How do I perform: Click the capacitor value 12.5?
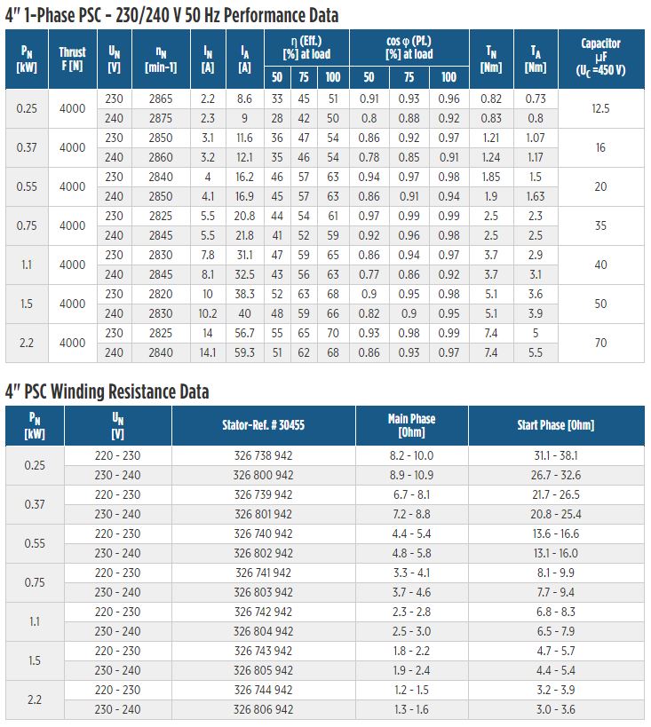click(x=600, y=108)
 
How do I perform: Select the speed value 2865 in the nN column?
click(x=161, y=99)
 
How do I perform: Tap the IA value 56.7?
click(x=244, y=334)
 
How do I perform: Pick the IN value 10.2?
click(x=208, y=314)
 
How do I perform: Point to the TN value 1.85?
click(x=491, y=178)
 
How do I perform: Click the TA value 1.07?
click(x=535, y=138)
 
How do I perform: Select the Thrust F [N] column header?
click(x=73, y=59)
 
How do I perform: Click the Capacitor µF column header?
click(x=601, y=57)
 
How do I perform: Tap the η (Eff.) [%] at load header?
click(x=306, y=48)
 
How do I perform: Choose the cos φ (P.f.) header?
click(x=409, y=48)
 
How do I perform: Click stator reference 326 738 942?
click(x=263, y=455)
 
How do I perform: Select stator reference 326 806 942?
click(x=263, y=710)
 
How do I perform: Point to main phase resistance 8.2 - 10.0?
click(x=411, y=455)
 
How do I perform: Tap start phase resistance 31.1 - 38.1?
click(x=556, y=455)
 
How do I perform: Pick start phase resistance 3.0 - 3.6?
click(x=556, y=710)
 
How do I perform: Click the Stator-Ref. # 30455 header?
click(x=263, y=425)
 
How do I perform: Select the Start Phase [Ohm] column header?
click(x=556, y=425)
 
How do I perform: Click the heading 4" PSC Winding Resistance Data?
click(x=107, y=391)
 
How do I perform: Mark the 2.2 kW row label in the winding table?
click(x=35, y=699)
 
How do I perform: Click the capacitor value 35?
click(x=600, y=225)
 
